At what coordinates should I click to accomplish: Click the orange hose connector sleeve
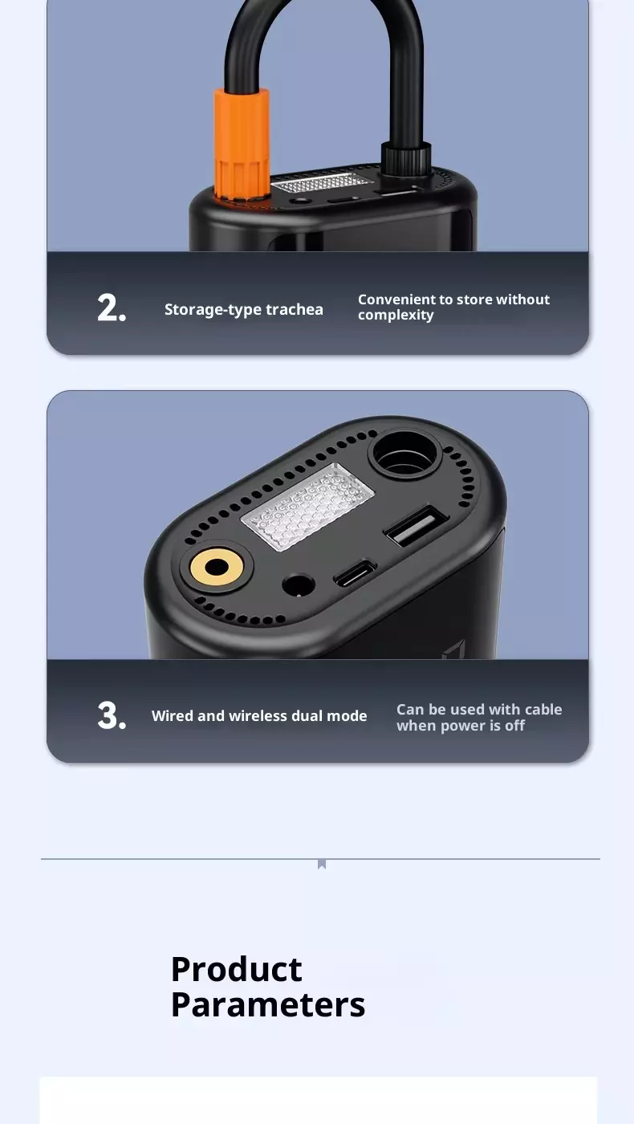[x=242, y=145]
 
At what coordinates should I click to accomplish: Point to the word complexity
[x=396, y=315]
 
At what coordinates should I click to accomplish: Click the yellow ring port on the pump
[x=217, y=568]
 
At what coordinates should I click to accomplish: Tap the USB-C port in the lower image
[x=355, y=574]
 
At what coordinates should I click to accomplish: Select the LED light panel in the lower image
[x=307, y=507]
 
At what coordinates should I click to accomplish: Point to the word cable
[x=543, y=710]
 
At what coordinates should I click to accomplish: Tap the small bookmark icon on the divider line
[x=322, y=864]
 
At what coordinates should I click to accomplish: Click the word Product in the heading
[x=237, y=969]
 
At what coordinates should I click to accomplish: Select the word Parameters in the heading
[x=268, y=1005]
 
